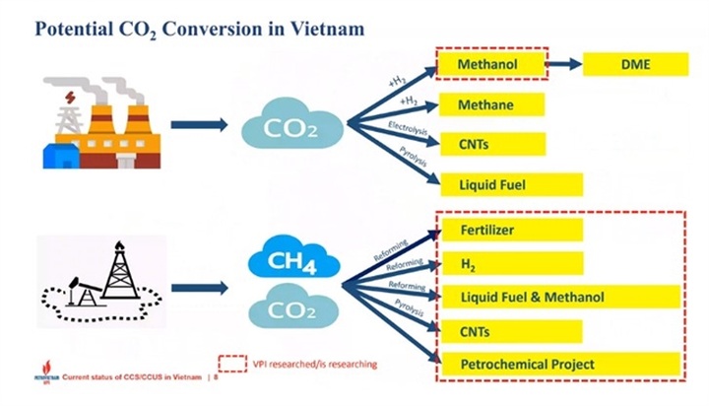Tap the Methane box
(500, 104)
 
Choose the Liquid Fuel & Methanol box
(560, 297)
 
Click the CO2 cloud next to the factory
(291, 126)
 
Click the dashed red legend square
(232, 364)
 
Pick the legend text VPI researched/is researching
(315, 365)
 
